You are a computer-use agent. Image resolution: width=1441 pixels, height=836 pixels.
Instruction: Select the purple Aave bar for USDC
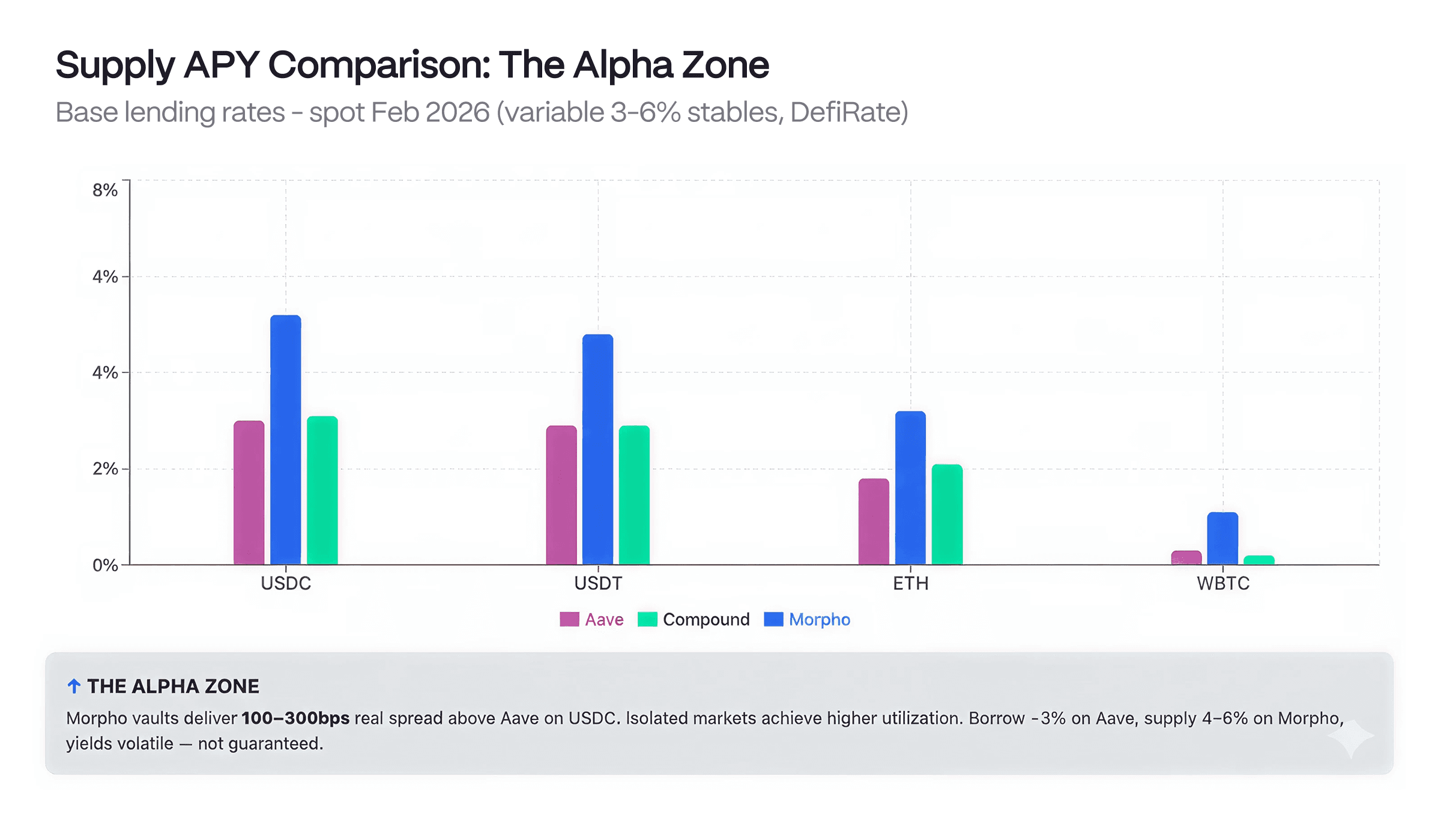pyautogui.click(x=249, y=492)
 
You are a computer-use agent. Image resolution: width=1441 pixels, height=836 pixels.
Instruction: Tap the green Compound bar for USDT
pyautogui.click(x=634, y=495)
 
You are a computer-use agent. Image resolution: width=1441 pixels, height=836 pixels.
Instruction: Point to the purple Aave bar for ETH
pyautogui.click(x=874, y=521)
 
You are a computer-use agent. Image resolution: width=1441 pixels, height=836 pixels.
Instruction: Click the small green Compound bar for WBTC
pyautogui.click(x=1258, y=560)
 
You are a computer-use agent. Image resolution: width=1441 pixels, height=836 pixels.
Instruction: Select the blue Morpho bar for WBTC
pyautogui.click(x=1222, y=538)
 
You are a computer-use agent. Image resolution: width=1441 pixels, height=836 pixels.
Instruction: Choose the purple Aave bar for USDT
pyautogui.click(x=561, y=495)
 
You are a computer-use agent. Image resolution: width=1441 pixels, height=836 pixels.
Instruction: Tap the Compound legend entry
pyautogui.click(x=693, y=619)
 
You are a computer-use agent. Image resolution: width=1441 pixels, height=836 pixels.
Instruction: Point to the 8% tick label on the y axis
pyautogui.click(x=105, y=190)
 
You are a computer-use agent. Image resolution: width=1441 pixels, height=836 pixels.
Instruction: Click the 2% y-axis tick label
pyautogui.click(x=105, y=468)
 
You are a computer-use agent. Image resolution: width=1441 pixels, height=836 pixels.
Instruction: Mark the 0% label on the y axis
pyautogui.click(x=105, y=565)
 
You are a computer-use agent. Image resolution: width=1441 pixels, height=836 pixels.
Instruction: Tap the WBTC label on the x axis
pyautogui.click(x=1223, y=583)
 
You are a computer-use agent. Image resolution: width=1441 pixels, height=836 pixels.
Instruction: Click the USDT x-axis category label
pyautogui.click(x=598, y=583)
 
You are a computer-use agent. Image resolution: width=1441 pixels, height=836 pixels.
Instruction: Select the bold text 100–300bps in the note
pyautogui.click(x=295, y=718)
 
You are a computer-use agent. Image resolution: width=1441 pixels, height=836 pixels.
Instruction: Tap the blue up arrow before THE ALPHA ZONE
pyautogui.click(x=74, y=686)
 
